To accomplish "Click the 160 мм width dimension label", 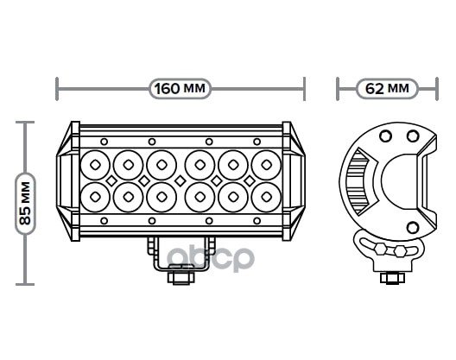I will [180, 89].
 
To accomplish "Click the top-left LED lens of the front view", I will [93, 162].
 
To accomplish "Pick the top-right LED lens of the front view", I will [267, 162].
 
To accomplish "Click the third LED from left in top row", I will [161, 162].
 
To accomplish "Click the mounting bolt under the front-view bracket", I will [180, 276].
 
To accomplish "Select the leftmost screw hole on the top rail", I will [104, 141].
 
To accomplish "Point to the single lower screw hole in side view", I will [412, 226].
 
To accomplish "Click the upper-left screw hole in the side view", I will [384, 137].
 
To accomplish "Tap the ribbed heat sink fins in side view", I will [353, 182].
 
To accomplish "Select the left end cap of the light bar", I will [66, 180].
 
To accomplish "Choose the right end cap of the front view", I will [294, 180].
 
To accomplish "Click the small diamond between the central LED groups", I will [180, 180].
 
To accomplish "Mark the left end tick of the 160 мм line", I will [57, 89].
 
